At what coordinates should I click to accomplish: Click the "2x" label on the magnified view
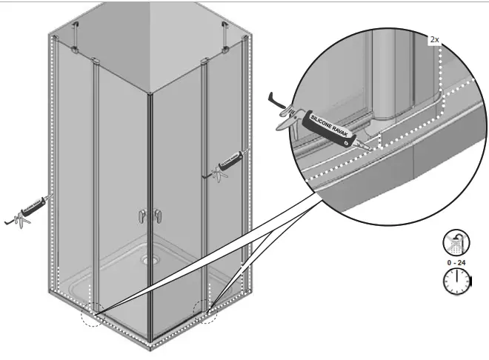435,39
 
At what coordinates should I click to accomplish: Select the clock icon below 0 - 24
454,281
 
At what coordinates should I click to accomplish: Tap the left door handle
142,216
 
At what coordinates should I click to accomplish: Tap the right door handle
158,216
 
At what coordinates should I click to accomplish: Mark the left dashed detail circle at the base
92,313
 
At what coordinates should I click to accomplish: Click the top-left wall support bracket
76,37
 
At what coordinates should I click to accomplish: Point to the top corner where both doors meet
150,93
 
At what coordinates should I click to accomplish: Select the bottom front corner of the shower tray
151,345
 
